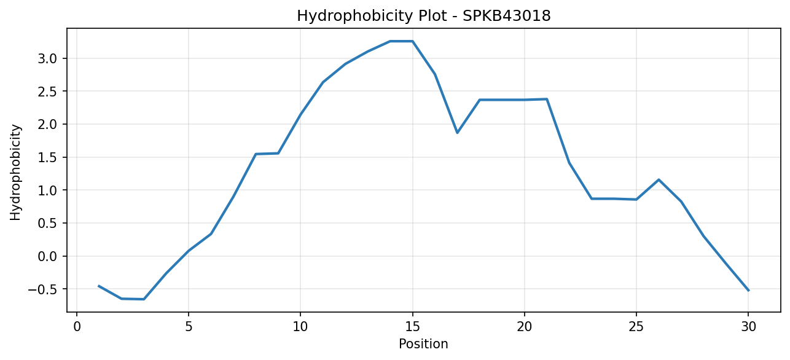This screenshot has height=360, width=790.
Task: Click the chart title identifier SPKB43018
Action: pyautogui.click(x=506, y=16)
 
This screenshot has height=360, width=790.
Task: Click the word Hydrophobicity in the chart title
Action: pyautogui.click(x=355, y=17)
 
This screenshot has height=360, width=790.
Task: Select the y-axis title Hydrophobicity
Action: pyautogui.click(x=15, y=173)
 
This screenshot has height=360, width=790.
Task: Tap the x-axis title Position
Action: pyautogui.click(x=423, y=344)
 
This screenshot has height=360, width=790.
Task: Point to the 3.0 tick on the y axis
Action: pyautogui.click(x=47, y=58)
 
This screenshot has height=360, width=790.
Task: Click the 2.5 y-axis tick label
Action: pyautogui.click(x=47, y=92)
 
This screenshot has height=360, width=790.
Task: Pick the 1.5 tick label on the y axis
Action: pyautogui.click(x=47, y=157)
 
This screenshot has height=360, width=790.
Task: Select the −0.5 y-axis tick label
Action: pyautogui.click(x=42, y=289)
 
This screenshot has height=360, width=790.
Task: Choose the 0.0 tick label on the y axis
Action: pyautogui.click(x=47, y=256)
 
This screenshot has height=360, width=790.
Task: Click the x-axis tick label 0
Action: pyautogui.click(x=77, y=327)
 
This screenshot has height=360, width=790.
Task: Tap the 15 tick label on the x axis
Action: pyautogui.click(x=412, y=327)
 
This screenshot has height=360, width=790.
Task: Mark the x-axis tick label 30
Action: pyautogui.click(x=748, y=327)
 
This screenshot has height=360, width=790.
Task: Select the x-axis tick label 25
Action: pyautogui.click(x=636, y=327)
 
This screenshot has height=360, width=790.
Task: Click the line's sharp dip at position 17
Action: pyautogui.click(x=457, y=133)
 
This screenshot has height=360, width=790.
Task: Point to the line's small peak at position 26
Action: pyautogui.click(x=659, y=180)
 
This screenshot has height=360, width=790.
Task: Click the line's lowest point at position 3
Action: pyautogui.click(x=144, y=299)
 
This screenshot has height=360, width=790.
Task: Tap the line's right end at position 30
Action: pyautogui.click(x=748, y=291)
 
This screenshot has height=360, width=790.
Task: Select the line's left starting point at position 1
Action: pyautogui.click(x=99, y=286)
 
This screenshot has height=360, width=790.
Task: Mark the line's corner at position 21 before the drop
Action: pyautogui.click(x=547, y=99)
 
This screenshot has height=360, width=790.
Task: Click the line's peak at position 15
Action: pyautogui.click(x=412, y=41)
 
